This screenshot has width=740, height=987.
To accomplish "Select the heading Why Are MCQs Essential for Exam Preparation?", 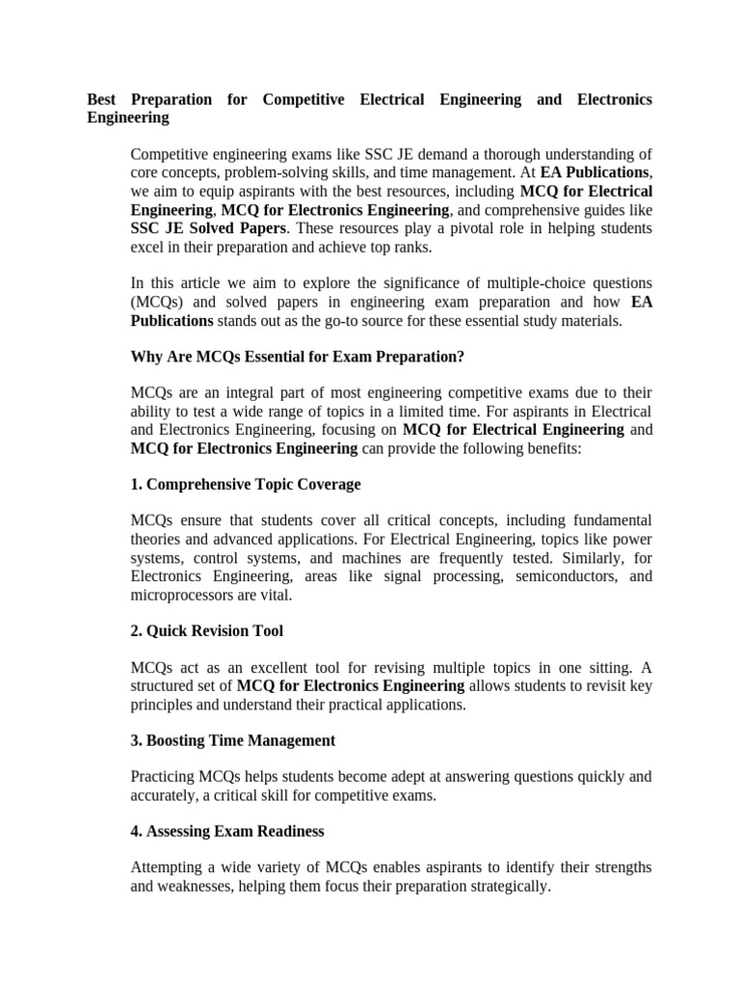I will [297, 357].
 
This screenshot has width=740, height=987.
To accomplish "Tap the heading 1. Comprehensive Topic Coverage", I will [245, 484].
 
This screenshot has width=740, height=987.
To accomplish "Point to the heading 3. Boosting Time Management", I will [232, 740].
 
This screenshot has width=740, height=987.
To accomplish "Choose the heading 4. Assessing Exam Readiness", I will [226, 831].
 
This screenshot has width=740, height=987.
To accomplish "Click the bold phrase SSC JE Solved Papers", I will [207, 227].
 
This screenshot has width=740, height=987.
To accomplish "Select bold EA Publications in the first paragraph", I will [595, 173].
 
